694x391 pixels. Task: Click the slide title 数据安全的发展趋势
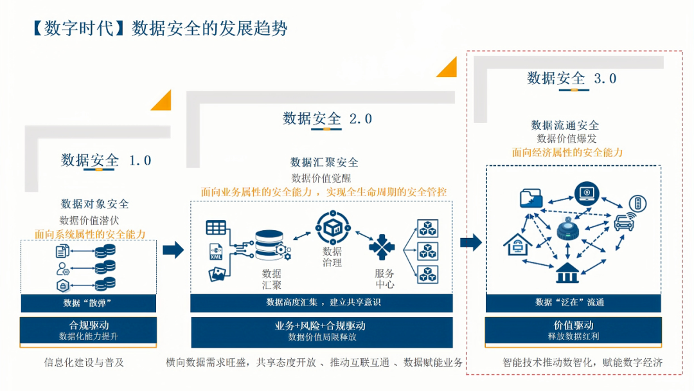[209, 29]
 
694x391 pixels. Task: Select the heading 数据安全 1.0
[106, 160]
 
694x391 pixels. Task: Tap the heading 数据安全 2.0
[327, 118]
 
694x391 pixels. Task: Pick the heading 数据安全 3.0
[572, 78]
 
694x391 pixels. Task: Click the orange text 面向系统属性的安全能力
[90, 234]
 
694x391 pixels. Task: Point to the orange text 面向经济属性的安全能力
[567, 152]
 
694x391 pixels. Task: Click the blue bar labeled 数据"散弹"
[88, 303]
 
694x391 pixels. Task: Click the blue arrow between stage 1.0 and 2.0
[173, 250]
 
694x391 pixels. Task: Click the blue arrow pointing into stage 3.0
[471, 242]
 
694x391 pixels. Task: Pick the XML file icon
[215, 251]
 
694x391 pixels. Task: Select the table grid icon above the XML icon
[216, 227]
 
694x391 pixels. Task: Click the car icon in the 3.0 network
[622, 223]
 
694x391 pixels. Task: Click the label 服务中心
[384, 278]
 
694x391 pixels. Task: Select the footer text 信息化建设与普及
[84, 362]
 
